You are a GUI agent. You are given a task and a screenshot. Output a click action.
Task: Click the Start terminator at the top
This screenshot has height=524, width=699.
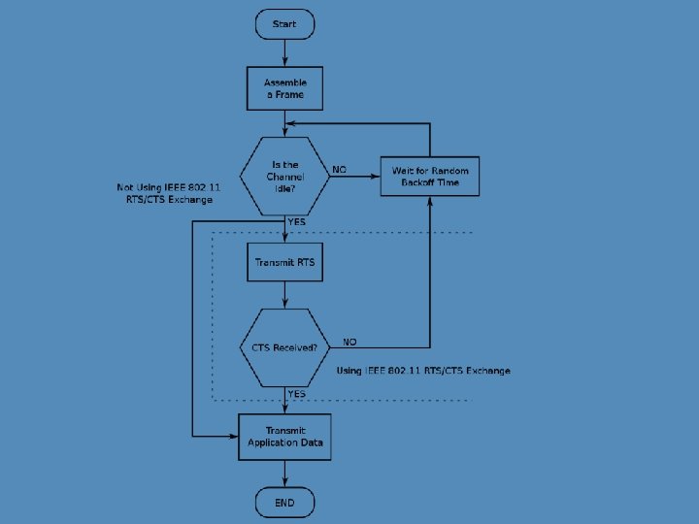(x=284, y=24)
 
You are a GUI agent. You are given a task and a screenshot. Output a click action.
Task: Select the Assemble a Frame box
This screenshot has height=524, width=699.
(x=284, y=88)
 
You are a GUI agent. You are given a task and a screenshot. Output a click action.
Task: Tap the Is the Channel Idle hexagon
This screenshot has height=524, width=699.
(x=284, y=177)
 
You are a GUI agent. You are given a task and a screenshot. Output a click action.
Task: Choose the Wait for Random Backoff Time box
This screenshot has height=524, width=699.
(x=430, y=176)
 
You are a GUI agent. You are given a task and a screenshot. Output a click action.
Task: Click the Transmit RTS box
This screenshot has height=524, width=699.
(x=284, y=262)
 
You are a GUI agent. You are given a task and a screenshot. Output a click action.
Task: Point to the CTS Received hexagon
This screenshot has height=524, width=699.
(x=284, y=347)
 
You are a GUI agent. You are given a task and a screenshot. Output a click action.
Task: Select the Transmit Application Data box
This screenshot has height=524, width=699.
(x=284, y=437)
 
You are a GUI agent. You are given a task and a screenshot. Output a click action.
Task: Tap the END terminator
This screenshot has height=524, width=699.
(x=284, y=503)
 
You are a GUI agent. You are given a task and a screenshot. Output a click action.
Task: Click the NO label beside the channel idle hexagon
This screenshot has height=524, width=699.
(x=339, y=170)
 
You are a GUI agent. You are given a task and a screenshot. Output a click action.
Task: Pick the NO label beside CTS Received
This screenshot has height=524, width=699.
(x=349, y=342)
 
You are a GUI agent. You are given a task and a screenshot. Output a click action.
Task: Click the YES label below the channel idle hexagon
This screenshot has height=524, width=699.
(x=296, y=222)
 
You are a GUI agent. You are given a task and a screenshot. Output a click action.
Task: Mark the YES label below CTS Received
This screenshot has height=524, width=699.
(x=296, y=394)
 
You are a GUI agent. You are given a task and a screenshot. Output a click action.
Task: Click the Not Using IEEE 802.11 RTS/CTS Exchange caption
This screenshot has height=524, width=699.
(x=169, y=193)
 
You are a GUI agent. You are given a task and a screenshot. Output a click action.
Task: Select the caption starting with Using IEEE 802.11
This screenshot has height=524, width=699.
(x=423, y=371)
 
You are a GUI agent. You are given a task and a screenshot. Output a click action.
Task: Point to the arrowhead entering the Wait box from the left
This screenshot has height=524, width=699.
(x=376, y=177)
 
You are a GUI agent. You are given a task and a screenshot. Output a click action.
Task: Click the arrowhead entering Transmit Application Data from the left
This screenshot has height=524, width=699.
(x=233, y=437)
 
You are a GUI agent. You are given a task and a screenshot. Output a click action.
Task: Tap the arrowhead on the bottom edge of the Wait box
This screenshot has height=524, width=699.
(x=430, y=202)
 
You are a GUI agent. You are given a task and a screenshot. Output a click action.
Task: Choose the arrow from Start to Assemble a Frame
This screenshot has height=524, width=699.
(x=284, y=53)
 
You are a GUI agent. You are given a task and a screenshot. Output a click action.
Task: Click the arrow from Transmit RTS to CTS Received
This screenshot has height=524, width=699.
(x=284, y=295)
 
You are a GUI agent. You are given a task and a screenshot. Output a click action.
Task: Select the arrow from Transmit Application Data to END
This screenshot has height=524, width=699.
(x=284, y=474)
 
